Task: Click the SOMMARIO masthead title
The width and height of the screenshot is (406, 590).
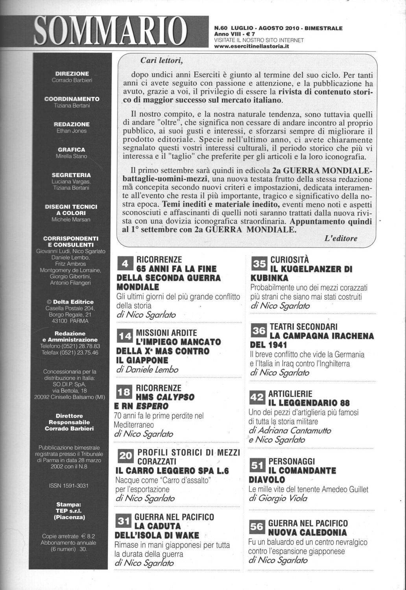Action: pos(112,31)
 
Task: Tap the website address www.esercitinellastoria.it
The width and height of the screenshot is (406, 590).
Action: pos(251,46)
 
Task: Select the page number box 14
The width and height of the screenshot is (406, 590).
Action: pos(125,337)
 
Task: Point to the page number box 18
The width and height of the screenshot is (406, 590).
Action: pos(124,392)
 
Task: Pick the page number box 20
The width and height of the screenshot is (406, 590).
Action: pos(126,456)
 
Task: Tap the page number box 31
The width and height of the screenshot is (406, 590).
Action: pos(124,521)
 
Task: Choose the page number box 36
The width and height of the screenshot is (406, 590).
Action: pos(259,331)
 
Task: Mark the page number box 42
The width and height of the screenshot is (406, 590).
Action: pos(257,398)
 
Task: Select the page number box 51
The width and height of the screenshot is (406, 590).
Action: pos(257,466)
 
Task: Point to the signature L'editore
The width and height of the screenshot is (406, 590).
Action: pos(341,238)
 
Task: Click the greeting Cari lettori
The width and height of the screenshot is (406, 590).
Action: pos(162,61)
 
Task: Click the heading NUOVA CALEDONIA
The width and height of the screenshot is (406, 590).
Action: pos(307,533)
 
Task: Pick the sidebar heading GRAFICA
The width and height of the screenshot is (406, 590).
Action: pos(71,150)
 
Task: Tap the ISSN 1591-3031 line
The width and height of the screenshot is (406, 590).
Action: pos(69,486)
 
